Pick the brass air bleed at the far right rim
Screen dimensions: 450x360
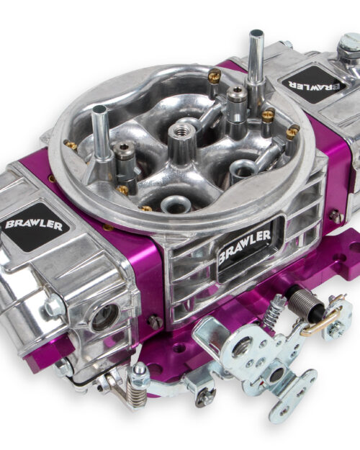(292, 132)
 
